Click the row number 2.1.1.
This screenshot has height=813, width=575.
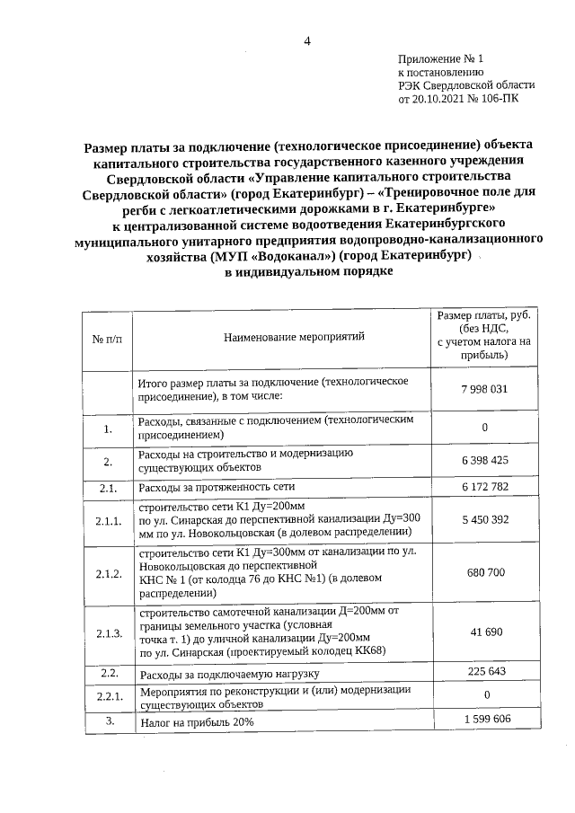click(x=108, y=520)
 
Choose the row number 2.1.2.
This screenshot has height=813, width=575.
click(x=108, y=572)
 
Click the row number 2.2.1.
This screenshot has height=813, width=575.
click(x=108, y=696)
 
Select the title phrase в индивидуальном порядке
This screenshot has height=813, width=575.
click(x=308, y=271)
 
